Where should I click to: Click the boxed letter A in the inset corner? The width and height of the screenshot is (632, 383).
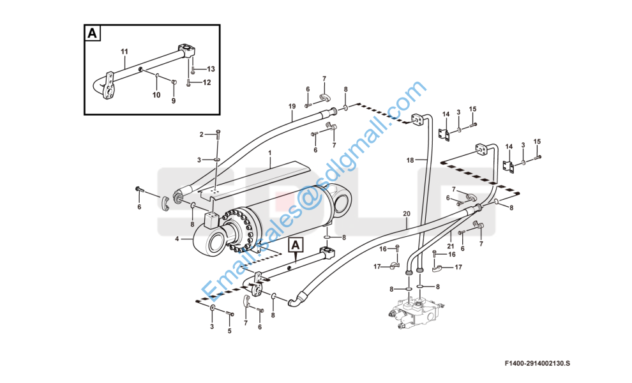click(x=93, y=33)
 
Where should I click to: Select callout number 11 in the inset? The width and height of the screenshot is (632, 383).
click(x=124, y=52)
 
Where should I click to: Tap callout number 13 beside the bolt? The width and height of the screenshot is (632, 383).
click(x=211, y=69)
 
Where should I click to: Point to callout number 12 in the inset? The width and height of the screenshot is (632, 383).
click(x=207, y=82)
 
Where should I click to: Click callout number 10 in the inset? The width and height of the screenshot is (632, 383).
click(x=156, y=94)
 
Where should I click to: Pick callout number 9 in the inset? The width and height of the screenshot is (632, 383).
click(x=174, y=101)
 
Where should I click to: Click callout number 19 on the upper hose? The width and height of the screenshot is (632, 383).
click(x=292, y=107)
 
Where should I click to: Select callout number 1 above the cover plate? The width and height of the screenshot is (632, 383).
click(x=270, y=153)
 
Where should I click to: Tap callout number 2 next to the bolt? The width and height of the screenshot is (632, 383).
click(x=202, y=134)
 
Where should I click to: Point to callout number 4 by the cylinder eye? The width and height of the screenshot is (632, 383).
click(x=177, y=239)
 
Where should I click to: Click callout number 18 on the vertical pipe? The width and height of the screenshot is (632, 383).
click(x=410, y=160)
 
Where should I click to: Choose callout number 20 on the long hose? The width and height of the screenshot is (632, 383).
click(x=406, y=214)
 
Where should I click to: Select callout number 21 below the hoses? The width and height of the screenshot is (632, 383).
click(x=451, y=246)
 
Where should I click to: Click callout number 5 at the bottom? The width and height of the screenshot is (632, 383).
click(x=230, y=331)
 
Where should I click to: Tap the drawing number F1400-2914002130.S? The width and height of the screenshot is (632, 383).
click(x=538, y=363)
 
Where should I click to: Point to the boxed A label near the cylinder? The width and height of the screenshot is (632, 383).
click(x=296, y=244)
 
